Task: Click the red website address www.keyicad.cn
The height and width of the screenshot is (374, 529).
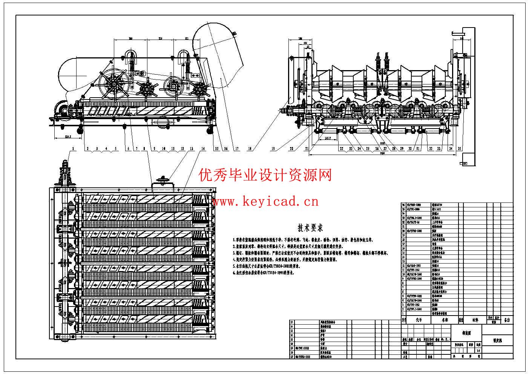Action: pyautogui.click(x=265, y=202)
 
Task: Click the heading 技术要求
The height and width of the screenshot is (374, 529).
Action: pyautogui.click(x=310, y=228)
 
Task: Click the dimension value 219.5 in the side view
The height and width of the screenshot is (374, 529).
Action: pyautogui.click(x=68, y=136)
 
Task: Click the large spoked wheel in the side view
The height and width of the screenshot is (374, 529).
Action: pyautogui.click(x=113, y=84)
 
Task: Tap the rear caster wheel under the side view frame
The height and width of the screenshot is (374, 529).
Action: pyautogui.click(x=210, y=130)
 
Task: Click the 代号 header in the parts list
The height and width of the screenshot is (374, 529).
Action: pyautogui.click(x=419, y=320)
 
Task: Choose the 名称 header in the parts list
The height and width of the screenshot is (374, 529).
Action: pyautogui.click(x=445, y=320)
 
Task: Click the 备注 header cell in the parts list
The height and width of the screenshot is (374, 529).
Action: pyautogui.click(x=506, y=320)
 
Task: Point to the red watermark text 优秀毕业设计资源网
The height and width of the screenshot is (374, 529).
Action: pyautogui.click(x=265, y=175)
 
